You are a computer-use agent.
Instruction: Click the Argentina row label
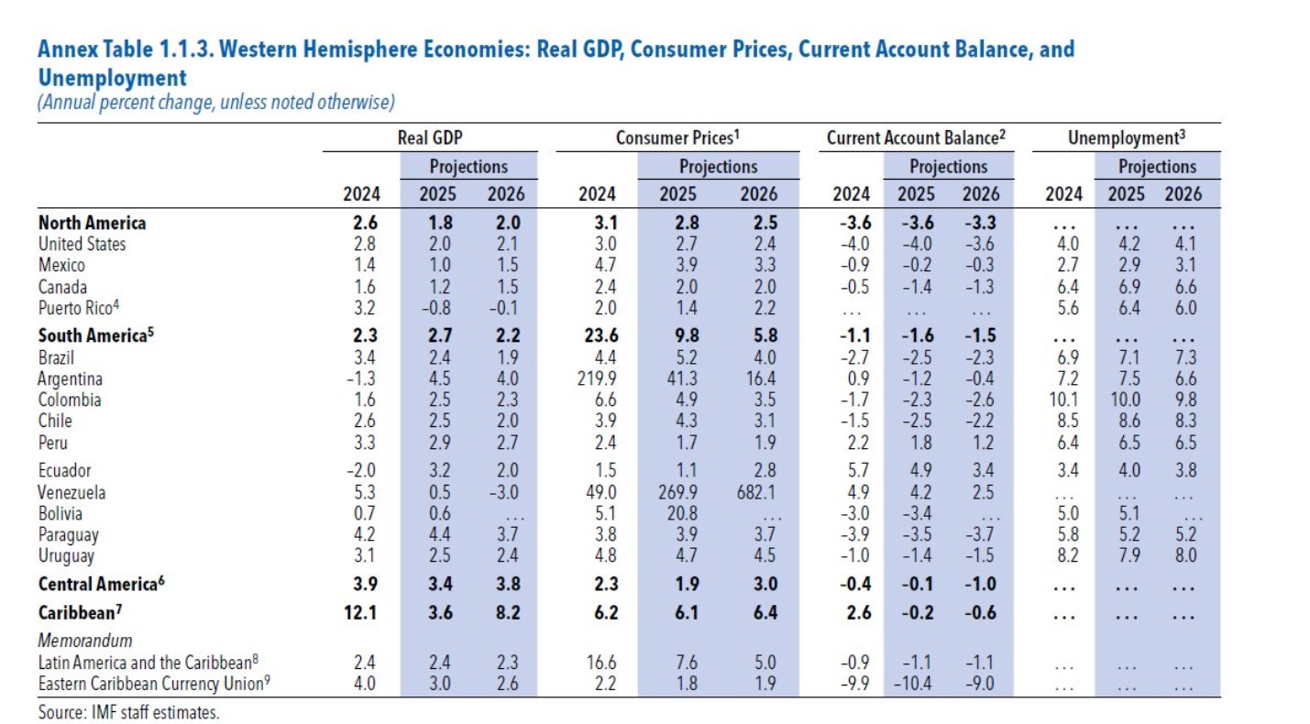click(x=70, y=378)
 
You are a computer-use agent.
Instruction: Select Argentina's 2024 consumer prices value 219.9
click(x=597, y=378)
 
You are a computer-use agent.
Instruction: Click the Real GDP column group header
click(x=429, y=138)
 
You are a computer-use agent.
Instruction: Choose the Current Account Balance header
click(x=916, y=138)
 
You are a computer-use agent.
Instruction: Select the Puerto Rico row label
click(x=79, y=307)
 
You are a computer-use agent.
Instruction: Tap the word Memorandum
click(x=84, y=641)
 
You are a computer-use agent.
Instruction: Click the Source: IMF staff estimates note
click(x=128, y=711)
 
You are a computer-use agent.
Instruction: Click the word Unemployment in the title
click(x=112, y=78)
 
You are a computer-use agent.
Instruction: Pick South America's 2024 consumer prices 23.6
click(x=597, y=335)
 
